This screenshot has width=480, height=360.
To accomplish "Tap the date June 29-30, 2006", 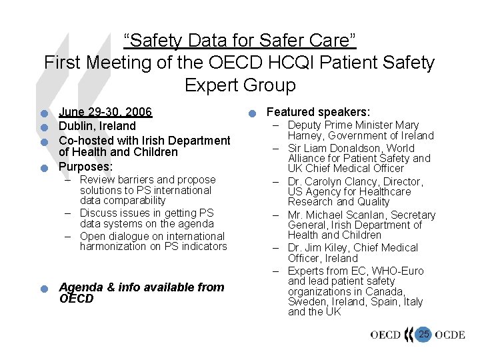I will click(105, 112).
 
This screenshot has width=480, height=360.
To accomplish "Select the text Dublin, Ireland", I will click(97, 125).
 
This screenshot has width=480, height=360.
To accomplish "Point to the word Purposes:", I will click(85, 166).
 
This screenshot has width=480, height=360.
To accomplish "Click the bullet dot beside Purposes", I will click(43, 167).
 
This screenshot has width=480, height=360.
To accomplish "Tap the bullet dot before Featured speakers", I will click(251, 114).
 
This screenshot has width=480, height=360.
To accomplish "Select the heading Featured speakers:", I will click(318, 113).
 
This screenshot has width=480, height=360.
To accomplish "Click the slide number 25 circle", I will click(424, 334).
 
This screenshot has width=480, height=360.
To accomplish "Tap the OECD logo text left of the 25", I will click(386, 335).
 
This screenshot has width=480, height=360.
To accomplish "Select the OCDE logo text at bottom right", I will click(449, 335).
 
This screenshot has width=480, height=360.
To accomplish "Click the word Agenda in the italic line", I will click(79, 287).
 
